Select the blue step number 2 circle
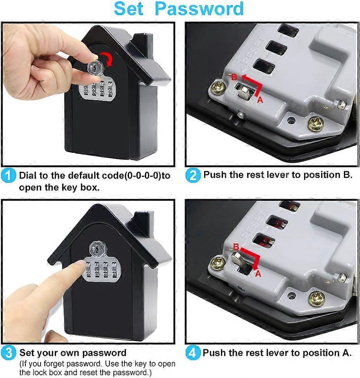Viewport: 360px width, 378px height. [193, 176]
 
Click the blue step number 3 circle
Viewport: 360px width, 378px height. [10, 353]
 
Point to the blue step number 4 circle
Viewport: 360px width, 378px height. [193, 353]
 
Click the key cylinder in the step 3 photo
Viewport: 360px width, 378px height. [96, 249]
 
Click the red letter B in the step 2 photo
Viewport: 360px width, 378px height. [234, 77]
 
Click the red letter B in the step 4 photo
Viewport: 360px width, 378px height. [236, 246]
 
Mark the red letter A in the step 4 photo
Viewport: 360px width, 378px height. [258, 273]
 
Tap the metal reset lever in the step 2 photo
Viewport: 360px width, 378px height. [244, 92]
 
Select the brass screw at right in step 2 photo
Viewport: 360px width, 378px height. [316, 124]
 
